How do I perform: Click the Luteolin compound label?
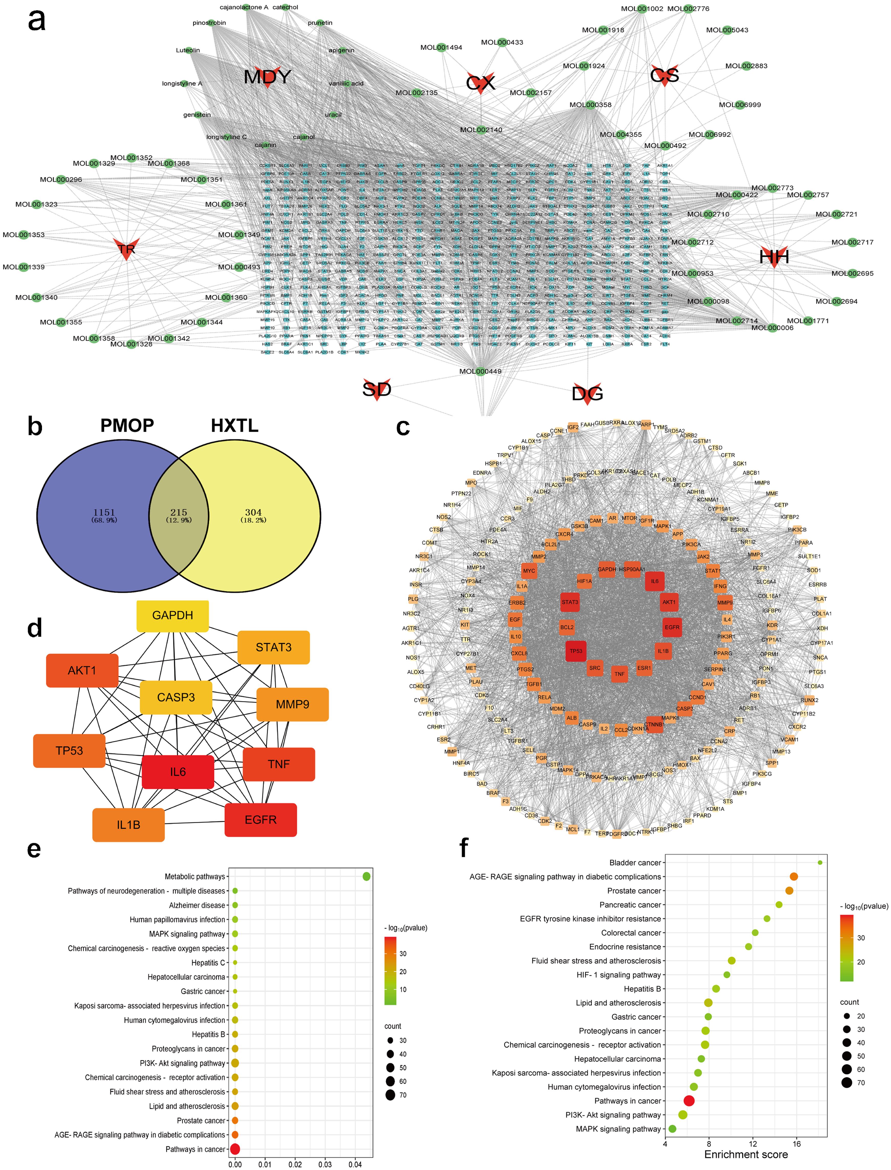tap(188, 50)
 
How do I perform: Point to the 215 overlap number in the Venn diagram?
tap(179, 513)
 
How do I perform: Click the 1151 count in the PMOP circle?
tap(104, 513)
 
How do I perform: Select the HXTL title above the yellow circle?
tap(234, 426)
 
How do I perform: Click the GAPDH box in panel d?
tap(172, 615)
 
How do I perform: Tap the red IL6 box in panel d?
tap(178, 772)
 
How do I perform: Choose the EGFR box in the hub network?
tap(260, 820)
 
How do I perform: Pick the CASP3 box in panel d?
tap(176, 697)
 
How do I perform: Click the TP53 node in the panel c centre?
tap(575, 651)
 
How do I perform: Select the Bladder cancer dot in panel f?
tap(820, 863)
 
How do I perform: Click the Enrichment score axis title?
tap(746, 1155)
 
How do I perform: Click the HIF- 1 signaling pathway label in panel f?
tap(618, 975)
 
